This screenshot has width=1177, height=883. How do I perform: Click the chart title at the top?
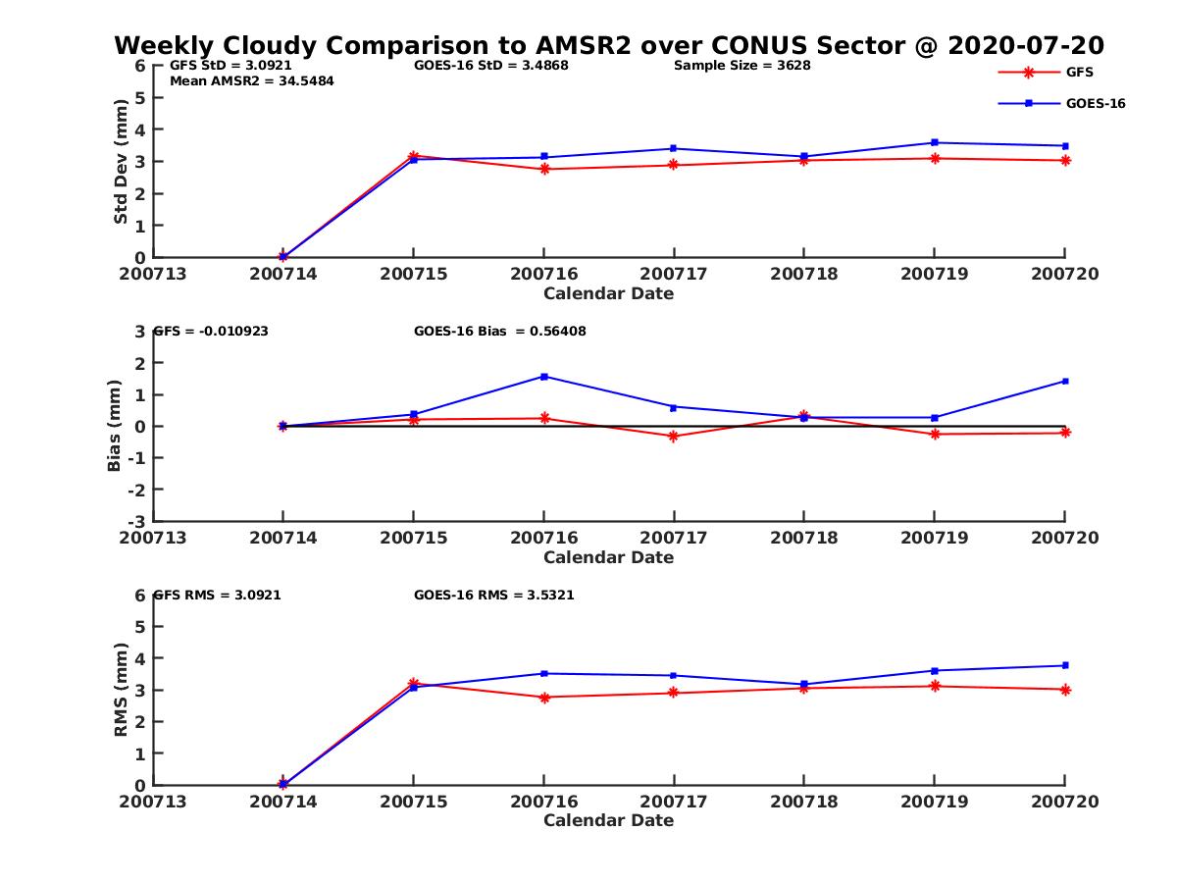609,45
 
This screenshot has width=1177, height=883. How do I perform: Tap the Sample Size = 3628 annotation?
742,66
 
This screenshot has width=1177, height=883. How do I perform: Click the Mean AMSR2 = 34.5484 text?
252,81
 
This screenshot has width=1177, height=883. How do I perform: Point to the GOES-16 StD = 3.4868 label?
491,66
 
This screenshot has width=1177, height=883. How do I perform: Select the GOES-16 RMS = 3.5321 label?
494,595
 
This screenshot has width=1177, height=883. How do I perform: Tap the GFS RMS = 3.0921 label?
218,595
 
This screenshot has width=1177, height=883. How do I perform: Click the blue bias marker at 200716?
543,377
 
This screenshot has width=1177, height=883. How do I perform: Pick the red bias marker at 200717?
674,436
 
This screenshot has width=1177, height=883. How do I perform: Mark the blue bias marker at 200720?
1064,381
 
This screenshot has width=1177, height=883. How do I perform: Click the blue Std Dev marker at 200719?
934,143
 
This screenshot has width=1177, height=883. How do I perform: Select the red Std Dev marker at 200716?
543,169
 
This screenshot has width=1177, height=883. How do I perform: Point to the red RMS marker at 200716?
543,697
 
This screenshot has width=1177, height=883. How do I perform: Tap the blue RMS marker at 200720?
1064,665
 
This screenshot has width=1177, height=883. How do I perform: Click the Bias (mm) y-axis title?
115,427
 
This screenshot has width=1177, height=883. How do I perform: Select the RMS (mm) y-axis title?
122,690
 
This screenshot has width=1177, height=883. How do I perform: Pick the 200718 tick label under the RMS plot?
803,802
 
